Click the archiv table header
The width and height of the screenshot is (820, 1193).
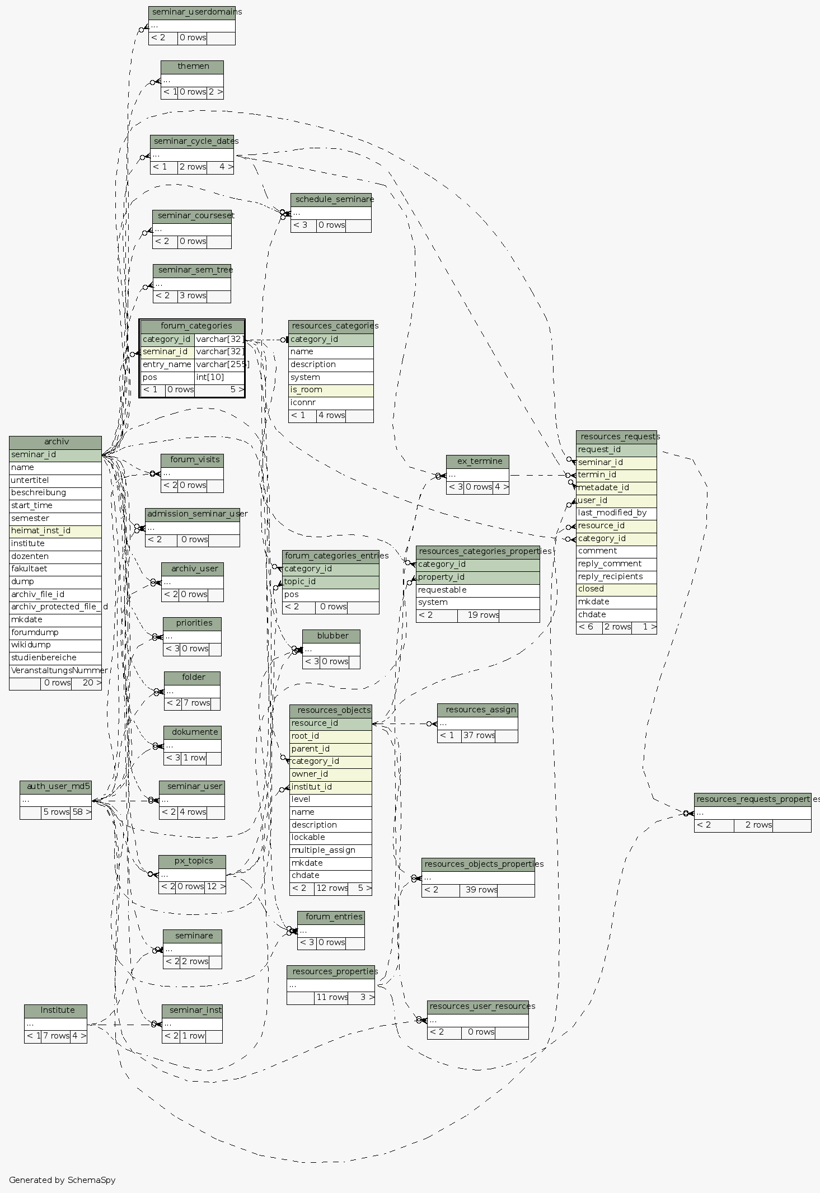click(55, 442)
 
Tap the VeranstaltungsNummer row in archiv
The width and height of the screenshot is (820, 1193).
click(55, 670)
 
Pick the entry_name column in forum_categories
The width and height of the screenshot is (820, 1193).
click(167, 364)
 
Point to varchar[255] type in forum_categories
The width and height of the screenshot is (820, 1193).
click(219, 364)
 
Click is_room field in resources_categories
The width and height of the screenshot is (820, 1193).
click(331, 389)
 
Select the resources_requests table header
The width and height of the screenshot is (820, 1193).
click(616, 436)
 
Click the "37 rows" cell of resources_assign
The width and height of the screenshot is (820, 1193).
click(479, 735)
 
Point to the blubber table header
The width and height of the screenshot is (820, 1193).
click(331, 636)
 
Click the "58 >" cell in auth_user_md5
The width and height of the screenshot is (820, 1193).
click(81, 812)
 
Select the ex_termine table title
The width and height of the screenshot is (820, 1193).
click(477, 461)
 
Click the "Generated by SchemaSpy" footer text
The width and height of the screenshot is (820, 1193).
click(62, 1180)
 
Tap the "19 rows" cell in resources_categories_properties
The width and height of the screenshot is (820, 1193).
click(479, 615)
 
